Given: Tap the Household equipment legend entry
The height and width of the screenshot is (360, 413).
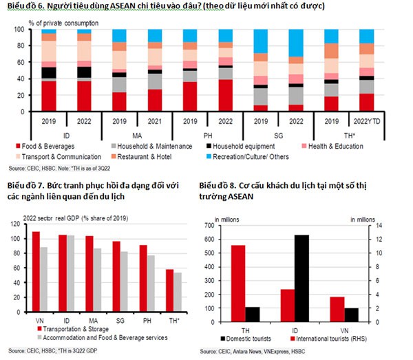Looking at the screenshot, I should [242, 147].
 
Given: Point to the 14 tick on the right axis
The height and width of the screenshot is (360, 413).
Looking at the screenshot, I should [377, 226].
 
